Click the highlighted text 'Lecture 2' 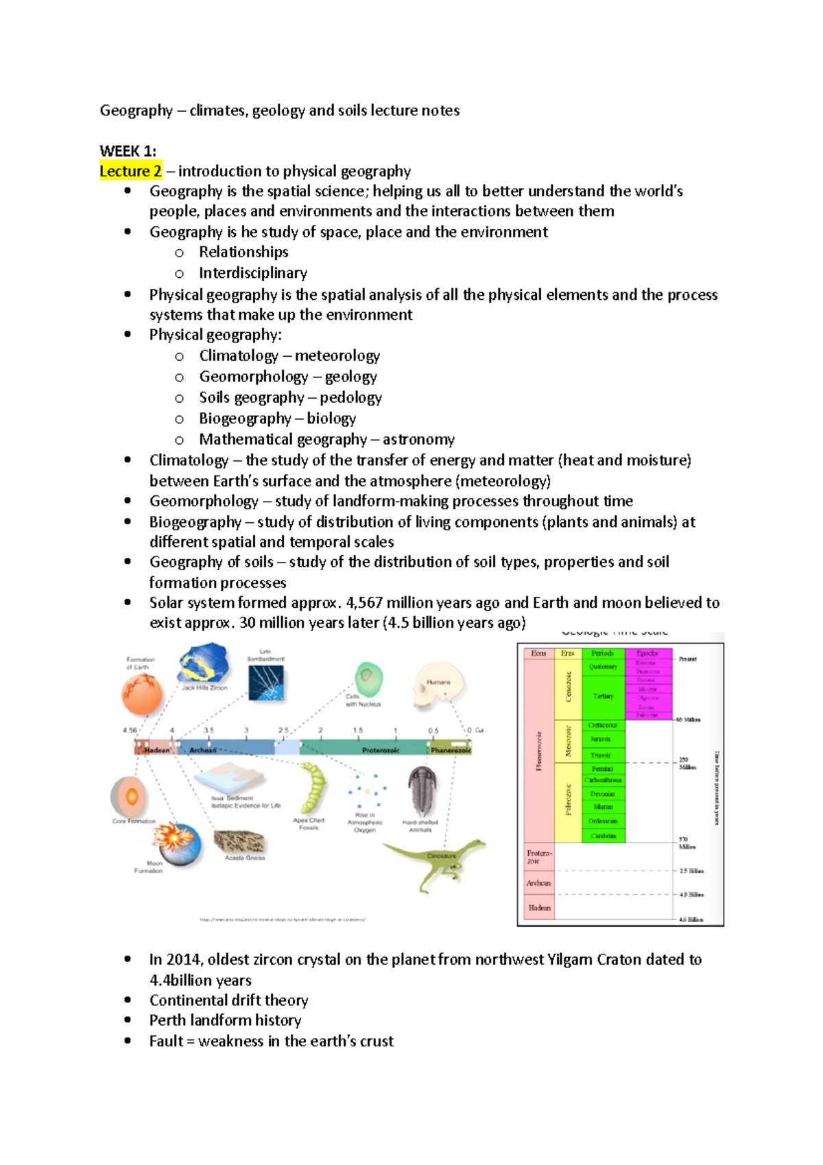130,171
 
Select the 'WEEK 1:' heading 128,151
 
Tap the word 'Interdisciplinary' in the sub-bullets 252,273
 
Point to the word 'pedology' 350,398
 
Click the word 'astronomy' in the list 418,440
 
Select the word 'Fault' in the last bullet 166,1042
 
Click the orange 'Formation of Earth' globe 142,694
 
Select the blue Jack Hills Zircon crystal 203,663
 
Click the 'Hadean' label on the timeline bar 156,751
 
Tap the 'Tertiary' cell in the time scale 603,696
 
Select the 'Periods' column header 602,653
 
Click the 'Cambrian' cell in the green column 603,836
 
